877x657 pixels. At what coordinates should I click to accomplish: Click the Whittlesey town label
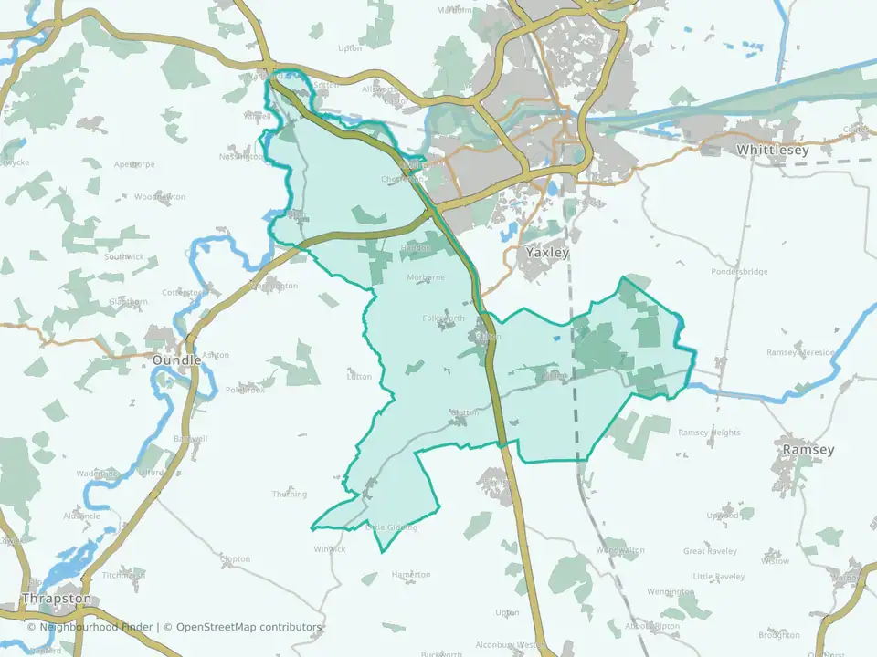click(x=772, y=150)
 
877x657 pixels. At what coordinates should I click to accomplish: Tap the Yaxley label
click(x=547, y=252)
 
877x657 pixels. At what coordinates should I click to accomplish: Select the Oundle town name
click(x=176, y=360)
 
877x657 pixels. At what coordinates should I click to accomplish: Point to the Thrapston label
click(x=57, y=599)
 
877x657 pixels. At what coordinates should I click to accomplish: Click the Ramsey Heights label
click(x=709, y=433)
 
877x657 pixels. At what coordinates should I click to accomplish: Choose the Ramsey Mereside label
click(x=800, y=352)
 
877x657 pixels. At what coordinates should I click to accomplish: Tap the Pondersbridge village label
click(x=740, y=271)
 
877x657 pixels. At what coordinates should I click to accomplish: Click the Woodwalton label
click(x=620, y=550)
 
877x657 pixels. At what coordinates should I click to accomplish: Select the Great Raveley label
click(x=709, y=550)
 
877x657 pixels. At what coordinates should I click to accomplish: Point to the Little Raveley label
click(x=719, y=577)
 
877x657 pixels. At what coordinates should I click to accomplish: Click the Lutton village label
click(x=359, y=376)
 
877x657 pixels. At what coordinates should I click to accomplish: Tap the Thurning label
click(x=290, y=494)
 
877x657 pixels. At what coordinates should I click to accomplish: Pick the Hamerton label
click(x=411, y=574)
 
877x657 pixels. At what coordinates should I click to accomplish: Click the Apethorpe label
click(x=134, y=165)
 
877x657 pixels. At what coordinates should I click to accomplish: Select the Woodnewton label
click(x=160, y=197)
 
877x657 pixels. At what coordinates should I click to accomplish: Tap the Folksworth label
click(x=444, y=318)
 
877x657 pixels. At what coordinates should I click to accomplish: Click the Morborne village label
click(x=427, y=277)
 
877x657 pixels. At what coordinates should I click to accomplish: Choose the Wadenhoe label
click(x=97, y=474)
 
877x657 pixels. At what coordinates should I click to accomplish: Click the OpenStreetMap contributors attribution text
click(x=248, y=627)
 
